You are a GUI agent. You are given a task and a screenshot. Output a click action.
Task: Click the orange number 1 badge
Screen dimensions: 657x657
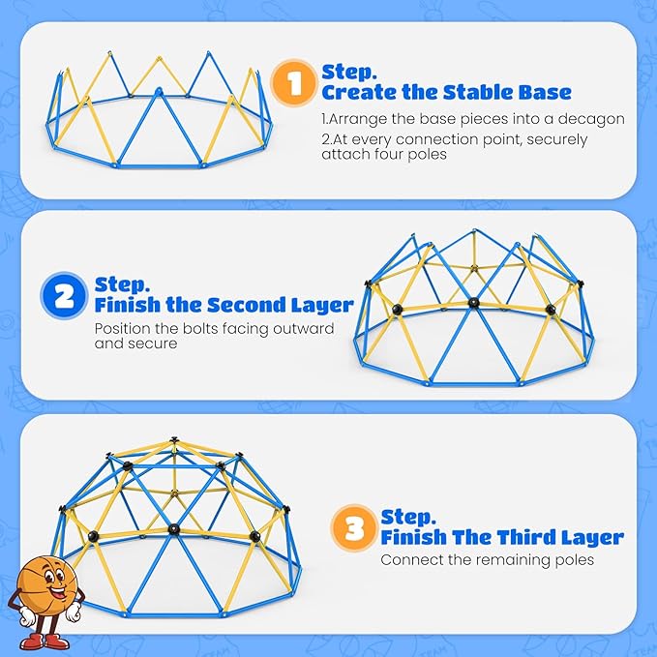point(294,82)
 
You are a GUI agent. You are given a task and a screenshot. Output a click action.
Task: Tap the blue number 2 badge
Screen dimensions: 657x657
point(64,296)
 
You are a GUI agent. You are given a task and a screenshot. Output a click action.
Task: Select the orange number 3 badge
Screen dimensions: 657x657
point(354,527)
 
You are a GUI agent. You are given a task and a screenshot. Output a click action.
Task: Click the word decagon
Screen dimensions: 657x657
point(591,119)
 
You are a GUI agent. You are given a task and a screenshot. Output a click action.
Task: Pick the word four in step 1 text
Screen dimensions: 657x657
point(389,154)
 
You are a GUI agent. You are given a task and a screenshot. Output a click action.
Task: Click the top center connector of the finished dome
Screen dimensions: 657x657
point(173,440)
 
